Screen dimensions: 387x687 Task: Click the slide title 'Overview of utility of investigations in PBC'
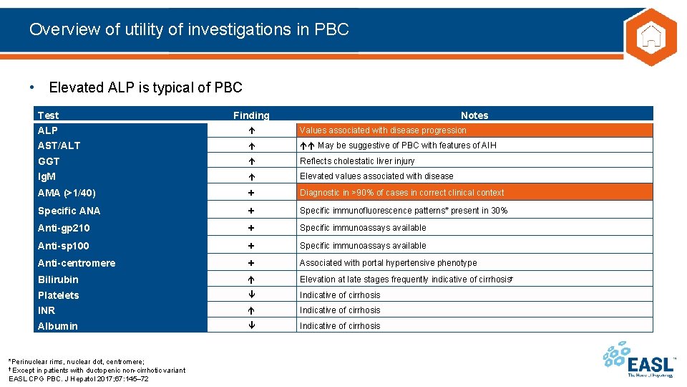pyautogui.click(x=189, y=29)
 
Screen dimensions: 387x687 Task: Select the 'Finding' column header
pyautogui.click(x=251, y=115)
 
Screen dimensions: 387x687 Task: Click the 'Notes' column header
pyautogui.click(x=474, y=115)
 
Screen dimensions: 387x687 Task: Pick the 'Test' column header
pyautogui.click(x=49, y=115)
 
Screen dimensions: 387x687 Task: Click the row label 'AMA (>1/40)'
pyautogui.click(x=67, y=193)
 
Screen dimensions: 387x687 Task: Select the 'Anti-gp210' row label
pyautogui.click(x=64, y=228)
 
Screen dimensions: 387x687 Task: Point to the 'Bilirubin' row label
pyautogui.click(x=58, y=279)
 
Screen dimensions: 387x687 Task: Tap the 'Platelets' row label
pyautogui.click(x=58, y=295)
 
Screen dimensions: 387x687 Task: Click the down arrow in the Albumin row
pyautogui.click(x=251, y=326)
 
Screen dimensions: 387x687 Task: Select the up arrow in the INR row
pyautogui.click(x=251, y=310)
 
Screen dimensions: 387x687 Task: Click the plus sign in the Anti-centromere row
pyautogui.click(x=251, y=263)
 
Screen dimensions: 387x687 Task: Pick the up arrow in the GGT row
pyautogui.click(x=251, y=161)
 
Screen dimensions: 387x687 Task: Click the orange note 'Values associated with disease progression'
pyautogui.click(x=383, y=130)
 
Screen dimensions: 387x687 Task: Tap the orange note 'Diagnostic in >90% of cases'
pyautogui.click(x=401, y=193)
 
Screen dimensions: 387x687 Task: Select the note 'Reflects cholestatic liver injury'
pyautogui.click(x=357, y=161)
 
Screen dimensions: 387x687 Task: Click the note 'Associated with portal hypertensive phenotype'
pyautogui.click(x=388, y=263)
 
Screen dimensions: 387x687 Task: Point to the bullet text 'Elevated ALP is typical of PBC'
pyautogui.click(x=145, y=87)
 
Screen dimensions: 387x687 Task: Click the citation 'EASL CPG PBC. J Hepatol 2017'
pyautogui.click(x=79, y=378)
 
